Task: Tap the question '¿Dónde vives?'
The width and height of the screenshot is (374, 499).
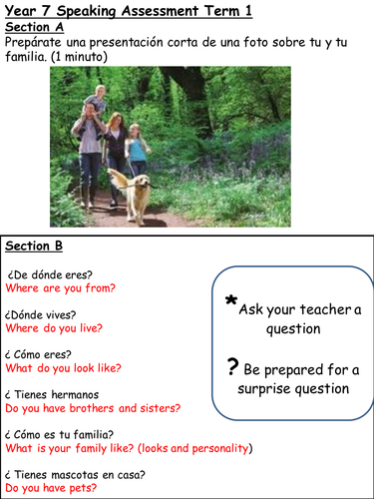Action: point(41,313)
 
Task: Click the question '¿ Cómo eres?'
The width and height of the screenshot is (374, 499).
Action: point(39,353)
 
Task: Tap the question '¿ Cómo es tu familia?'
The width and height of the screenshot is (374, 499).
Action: point(60,434)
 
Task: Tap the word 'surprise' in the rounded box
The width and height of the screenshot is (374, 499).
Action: point(263,388)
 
